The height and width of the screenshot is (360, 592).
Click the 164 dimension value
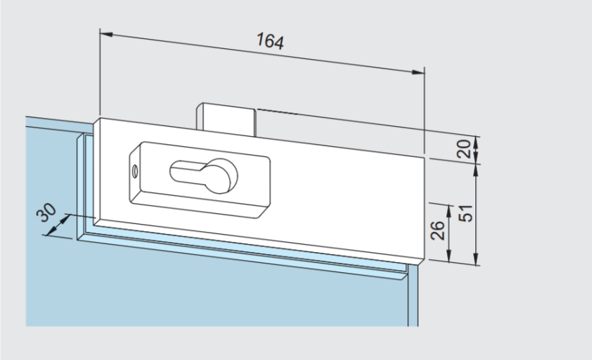(270, 41)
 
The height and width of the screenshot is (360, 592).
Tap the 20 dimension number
(464, 148)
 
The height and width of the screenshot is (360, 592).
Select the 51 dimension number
(465, 213)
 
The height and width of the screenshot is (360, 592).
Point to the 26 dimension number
(438, 230)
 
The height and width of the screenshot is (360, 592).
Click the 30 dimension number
(46, 212)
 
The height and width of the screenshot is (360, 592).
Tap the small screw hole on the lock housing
(135, 172)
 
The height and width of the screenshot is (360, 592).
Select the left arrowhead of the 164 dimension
(107, 35)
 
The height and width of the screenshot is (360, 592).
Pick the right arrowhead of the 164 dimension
(418, 72)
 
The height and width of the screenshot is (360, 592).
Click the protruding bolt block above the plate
(225, 119)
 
